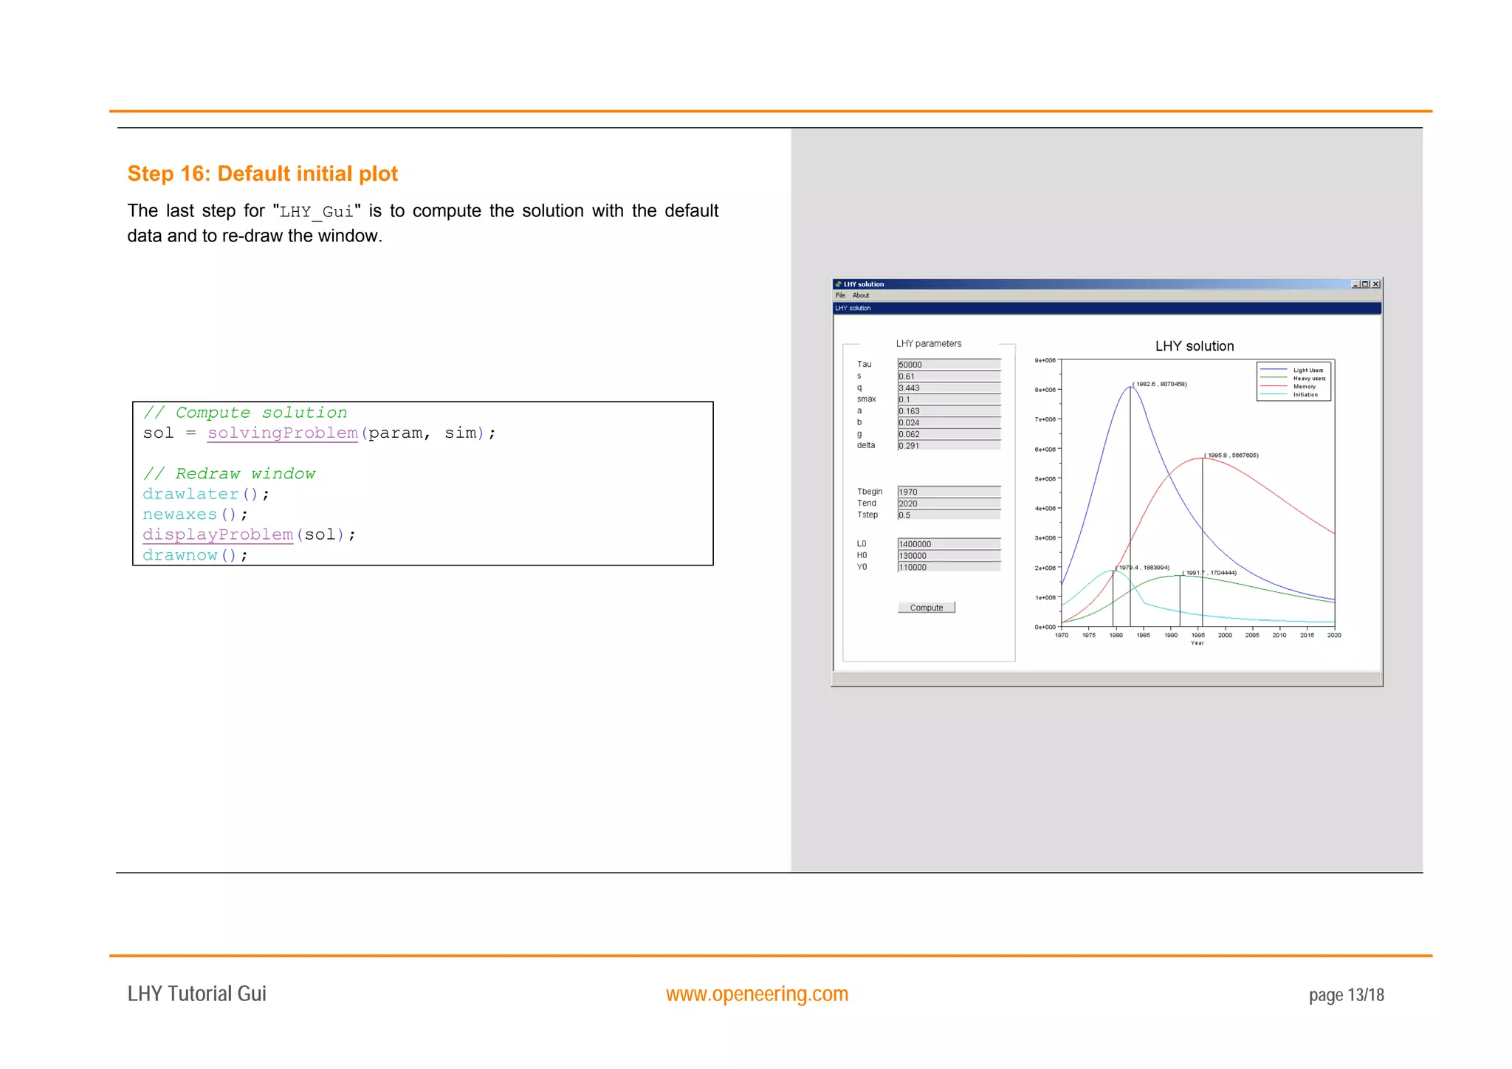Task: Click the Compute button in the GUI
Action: [926, 608]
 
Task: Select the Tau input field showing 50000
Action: [949, 365]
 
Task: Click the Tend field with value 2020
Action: [949, 503]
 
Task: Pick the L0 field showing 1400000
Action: [949, 544]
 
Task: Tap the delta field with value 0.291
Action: [949, 446]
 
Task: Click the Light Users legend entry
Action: [1307, 371]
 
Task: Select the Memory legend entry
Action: [1304, 387]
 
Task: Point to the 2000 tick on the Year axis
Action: [1225, 635]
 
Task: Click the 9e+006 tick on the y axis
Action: [1045, 360]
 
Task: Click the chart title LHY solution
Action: [1194, 346]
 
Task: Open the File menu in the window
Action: [840, 295]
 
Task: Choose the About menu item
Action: [861, 295]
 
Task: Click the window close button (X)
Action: [1375, 284]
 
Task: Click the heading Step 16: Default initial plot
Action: [262, 173]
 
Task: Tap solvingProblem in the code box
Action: [282, 433]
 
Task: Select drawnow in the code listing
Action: [180, 555]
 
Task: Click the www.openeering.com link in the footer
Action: [757, 994]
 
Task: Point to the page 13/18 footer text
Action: [1346, 995]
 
